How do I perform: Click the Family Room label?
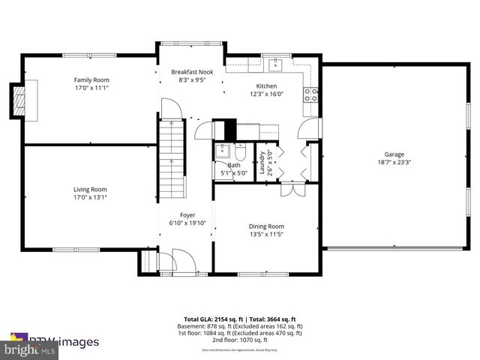click(x=91, y=79)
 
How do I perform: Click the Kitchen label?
click(x=267, y=86)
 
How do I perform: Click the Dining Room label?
click(x=266, y=226)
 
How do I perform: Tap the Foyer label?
click(x=187, y=215)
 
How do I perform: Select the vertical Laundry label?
click(x=262, y=162)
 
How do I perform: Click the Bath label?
click(x=234, y=165)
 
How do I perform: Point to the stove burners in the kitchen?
click(x=310, y=94)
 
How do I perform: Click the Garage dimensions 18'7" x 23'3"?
click(x=395, y=162)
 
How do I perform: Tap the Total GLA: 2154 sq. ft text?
click(x=214, y=319)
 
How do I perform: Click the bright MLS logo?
click(x=30, y=349)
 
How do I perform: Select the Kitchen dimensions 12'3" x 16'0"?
click(x=267, y=94)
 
